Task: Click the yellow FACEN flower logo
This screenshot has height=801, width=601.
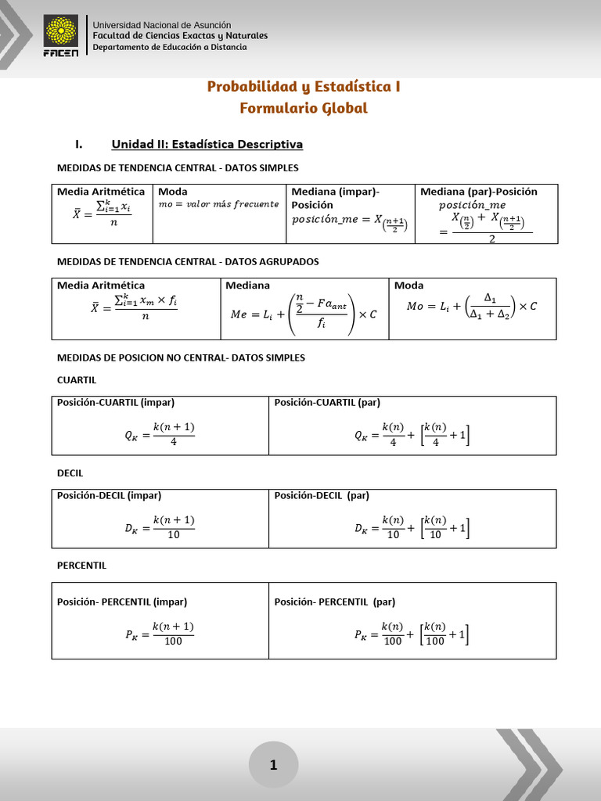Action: (x=61, y=32)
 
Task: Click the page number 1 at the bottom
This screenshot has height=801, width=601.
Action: (x=273, y=765)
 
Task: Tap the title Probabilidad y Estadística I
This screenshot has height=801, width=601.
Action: (x=304, y=86)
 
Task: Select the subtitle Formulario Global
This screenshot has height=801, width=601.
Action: (x=304, y=108)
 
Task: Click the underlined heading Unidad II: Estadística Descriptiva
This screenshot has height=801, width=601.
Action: (x=207, y=144)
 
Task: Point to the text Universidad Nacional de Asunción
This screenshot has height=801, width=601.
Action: (x=162, y=26)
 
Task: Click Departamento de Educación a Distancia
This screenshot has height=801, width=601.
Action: (x=170, y=47)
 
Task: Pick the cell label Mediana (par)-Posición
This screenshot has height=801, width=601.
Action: (x=479, y=192)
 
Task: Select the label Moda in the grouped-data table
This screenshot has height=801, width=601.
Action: (x=409, y=286)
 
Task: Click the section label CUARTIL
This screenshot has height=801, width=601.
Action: (x=77, y=379)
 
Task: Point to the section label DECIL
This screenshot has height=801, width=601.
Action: (x=70, y=473)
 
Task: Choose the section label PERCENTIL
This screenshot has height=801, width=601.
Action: (x=82, y=565)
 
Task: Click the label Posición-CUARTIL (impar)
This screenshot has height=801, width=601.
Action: (x=116, y=403)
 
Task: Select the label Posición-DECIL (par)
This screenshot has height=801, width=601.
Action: (x=322, y=495)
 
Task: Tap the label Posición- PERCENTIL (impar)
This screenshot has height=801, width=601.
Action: (x=122, y=602)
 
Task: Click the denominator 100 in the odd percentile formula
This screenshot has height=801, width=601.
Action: (x=173, y=641)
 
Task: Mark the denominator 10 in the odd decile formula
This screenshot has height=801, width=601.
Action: (x=173, y=535)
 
